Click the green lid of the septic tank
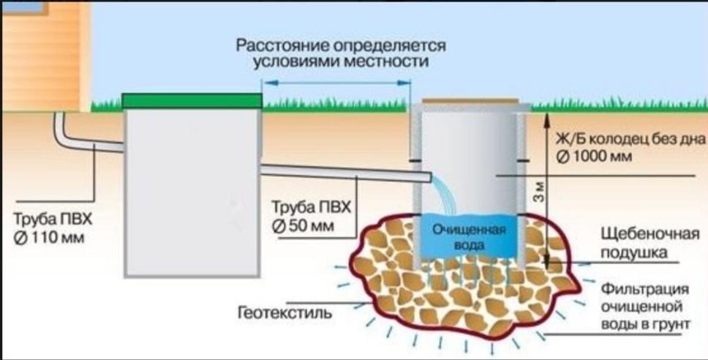pyautogui.click(x=192, y=101)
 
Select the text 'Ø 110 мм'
pyautogui.click(x=50, y=237)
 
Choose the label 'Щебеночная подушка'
pyautogui.click(x=633, y=244)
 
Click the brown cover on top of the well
pyautogui.click(x=469, y=103)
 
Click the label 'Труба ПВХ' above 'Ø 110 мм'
pyautogui.click(x=54, y=220)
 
